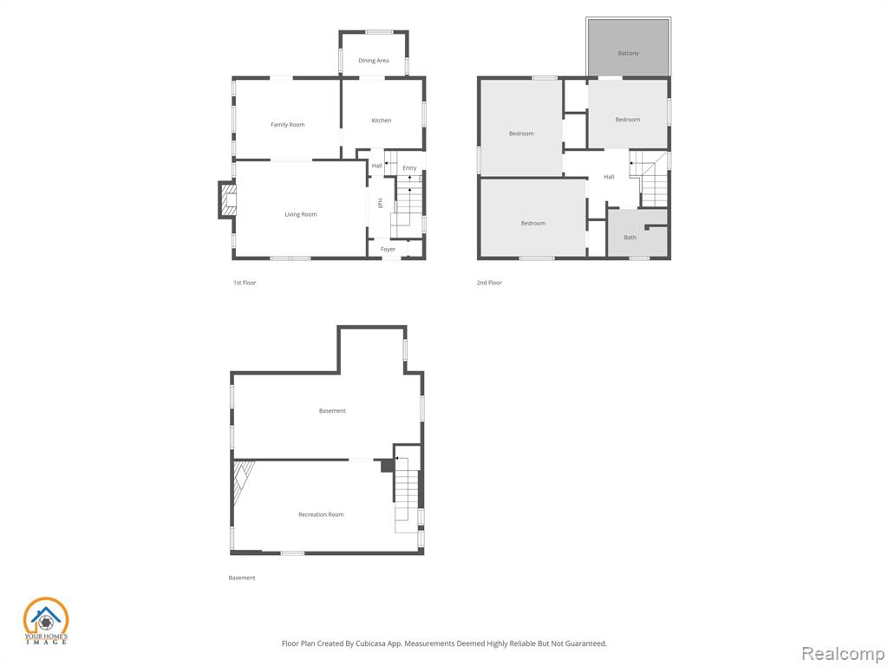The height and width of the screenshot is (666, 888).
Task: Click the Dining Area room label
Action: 373,61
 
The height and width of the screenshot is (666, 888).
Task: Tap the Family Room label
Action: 288,125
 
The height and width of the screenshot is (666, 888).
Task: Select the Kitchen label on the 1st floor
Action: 382,120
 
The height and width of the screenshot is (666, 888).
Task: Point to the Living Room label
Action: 301,214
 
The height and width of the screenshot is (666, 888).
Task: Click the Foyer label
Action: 388,249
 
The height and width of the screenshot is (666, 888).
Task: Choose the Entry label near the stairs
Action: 409,168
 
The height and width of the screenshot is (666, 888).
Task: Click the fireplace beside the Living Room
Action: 227,199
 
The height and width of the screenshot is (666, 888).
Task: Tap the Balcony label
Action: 628,53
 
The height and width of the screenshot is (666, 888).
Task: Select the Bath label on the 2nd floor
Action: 630,238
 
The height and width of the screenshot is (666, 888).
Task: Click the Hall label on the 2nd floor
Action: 609,177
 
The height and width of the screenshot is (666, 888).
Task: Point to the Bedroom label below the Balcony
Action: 628,120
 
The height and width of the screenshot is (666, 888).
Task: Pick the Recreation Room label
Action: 321,514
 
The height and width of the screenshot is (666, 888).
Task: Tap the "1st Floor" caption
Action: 245,283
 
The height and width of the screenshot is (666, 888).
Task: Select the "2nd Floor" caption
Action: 489,283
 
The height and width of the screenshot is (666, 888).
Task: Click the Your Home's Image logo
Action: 45,621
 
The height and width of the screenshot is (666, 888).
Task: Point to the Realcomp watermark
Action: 843,654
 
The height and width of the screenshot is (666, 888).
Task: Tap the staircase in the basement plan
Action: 407,489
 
